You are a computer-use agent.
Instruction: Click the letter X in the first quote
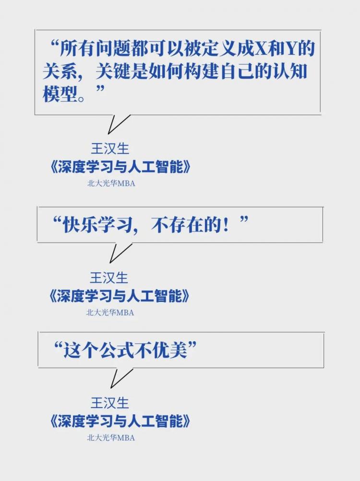coord(261,49)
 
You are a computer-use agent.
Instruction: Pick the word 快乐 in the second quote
coord(80,225)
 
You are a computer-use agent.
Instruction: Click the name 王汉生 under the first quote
coord(110,149)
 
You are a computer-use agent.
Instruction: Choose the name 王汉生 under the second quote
coord(109,278)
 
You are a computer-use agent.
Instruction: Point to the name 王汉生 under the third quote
coord(109,403)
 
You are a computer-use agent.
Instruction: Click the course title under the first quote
coord(120,167)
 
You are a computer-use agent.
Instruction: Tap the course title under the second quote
coord(120,296)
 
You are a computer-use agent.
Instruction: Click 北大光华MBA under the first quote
coord(111,183)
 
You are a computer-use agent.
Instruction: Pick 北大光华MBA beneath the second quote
coord(110,313)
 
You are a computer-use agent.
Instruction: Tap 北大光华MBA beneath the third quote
coord(111,437)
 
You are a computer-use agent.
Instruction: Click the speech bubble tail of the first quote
coord(115,124)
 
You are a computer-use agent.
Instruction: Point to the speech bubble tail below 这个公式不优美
coord(118,378)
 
